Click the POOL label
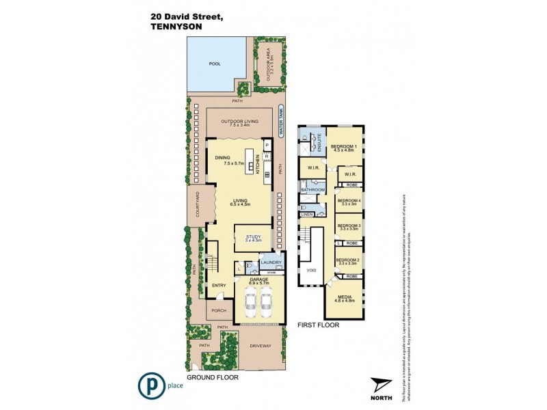coord(215,64)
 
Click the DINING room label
coord(222,158)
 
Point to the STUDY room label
coord(254,237)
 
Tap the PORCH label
coord(218,311)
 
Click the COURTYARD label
coord(197,205)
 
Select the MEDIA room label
coord(345,297)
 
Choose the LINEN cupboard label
coord(307,215)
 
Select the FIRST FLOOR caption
coord(319,325)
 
